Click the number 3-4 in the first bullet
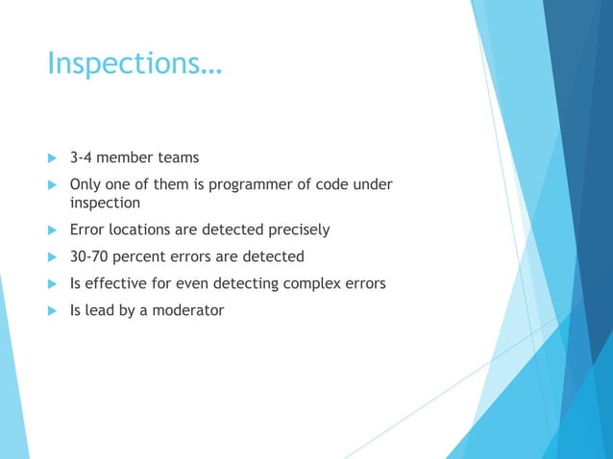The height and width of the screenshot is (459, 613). [83, 157]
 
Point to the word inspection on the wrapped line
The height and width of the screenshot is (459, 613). [106, 204]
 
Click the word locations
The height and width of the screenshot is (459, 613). [143, 229]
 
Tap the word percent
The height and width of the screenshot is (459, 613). [143, 256]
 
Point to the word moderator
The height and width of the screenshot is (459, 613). [187, 310]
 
